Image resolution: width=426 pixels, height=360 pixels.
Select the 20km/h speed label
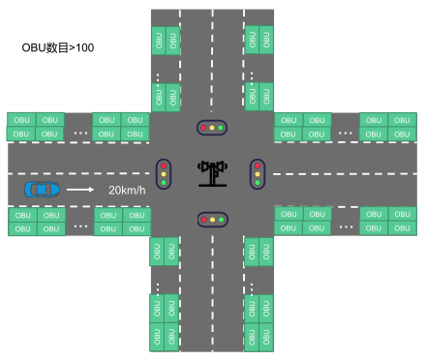(x=127, y=190)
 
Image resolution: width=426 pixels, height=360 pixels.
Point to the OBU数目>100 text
(x=58, y=46)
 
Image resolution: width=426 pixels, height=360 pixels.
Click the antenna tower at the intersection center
(x=212, y=172)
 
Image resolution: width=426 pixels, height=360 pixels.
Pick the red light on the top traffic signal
(x=202, y=127)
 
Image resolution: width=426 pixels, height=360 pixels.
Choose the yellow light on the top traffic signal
(x=212, y=127)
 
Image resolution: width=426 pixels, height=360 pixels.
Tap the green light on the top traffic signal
(x=222, y=127)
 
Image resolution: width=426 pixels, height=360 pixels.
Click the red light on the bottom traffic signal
(x=202, y=220)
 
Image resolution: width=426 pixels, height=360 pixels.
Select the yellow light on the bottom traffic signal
(x=212, y=220)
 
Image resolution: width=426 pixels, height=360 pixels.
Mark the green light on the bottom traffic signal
(x=222, y=220)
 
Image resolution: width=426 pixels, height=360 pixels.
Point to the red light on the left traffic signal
(x=164, y=164)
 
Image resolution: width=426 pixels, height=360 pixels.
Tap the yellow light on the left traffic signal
(x=164, y=172)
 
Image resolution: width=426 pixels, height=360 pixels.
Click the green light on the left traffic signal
(x=164, y=182)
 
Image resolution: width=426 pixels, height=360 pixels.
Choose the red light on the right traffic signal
(x=258, y=164)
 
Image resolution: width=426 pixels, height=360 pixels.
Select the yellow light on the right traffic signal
(x=258, y=172)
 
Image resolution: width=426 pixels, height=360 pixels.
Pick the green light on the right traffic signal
(x=258, y=182)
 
